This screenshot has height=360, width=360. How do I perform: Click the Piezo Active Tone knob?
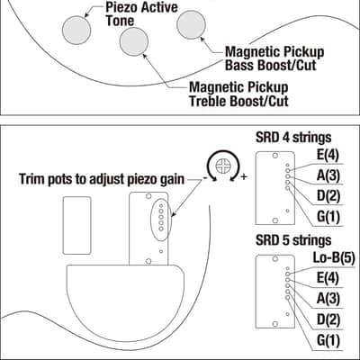76,30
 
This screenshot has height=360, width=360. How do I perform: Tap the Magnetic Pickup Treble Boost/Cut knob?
134,41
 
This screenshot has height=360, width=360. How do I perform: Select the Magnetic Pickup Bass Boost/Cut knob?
191,24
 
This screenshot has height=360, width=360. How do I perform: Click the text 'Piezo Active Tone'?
141,14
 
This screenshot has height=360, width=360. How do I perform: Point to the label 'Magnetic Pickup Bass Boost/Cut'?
274,58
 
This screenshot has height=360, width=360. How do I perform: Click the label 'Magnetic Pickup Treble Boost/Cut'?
238,94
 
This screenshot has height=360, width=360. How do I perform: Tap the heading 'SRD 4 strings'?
293,138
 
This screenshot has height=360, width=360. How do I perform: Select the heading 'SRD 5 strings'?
293,240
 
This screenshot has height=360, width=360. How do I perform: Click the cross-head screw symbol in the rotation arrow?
223,166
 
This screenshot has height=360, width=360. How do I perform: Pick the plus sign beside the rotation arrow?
244,176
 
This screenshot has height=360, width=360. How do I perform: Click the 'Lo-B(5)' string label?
334,257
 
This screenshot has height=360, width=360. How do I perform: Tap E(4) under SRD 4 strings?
328,156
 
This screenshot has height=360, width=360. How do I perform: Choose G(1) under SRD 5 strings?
328,341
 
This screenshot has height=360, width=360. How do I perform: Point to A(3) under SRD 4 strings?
328,175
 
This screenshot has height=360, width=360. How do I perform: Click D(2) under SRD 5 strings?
328,320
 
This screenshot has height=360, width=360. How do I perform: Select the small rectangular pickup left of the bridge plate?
77,226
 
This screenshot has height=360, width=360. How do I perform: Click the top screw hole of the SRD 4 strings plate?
274,156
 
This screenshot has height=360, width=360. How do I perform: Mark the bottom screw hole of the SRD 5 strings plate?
274,324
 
